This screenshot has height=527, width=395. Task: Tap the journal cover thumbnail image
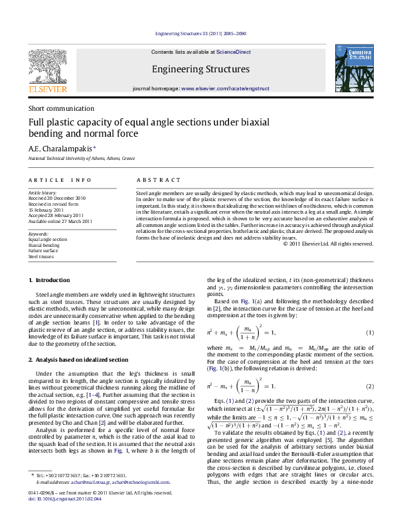pos(351,69)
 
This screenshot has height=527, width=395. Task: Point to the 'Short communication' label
pos(60,108)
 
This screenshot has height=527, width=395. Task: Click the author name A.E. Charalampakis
pos(61,149)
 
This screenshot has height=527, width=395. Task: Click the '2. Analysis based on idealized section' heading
pos(78,359)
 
